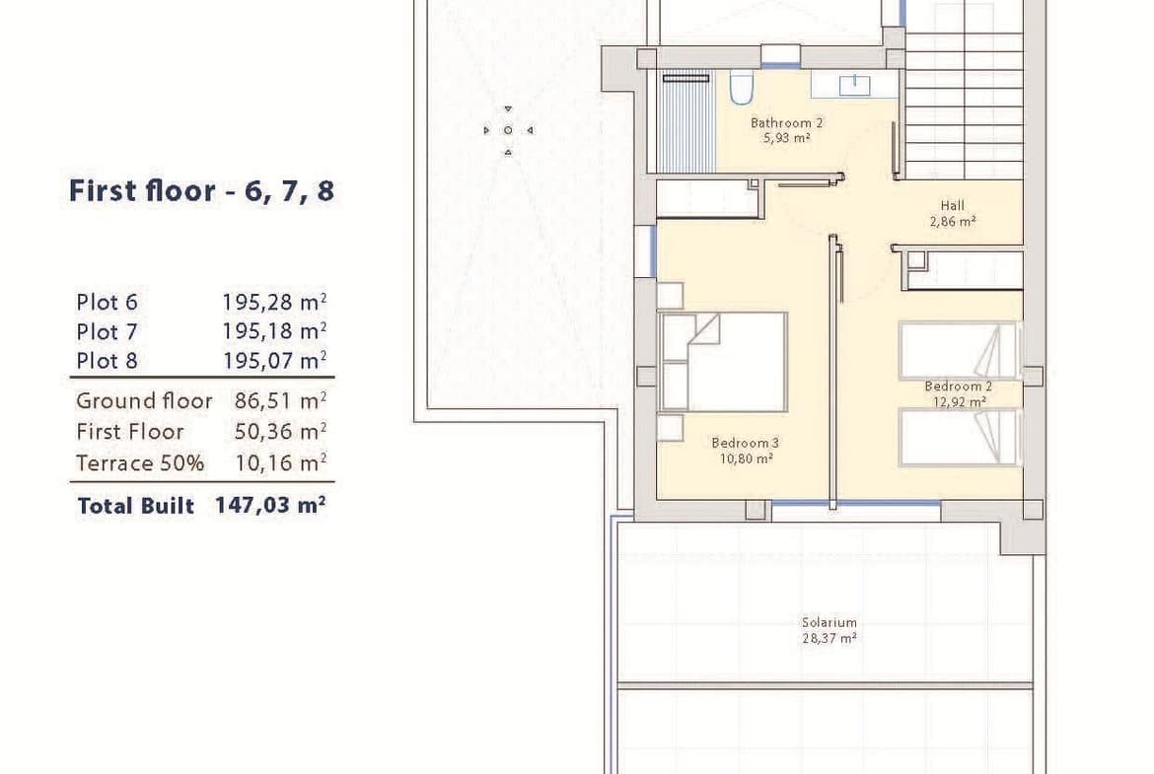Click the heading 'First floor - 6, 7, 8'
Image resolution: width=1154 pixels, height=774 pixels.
pos(201,190)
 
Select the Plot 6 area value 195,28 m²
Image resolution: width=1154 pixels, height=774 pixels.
pos(274,302)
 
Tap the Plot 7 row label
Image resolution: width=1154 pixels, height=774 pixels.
pos(107,332)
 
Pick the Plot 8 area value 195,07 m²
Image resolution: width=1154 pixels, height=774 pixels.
pos(274,361)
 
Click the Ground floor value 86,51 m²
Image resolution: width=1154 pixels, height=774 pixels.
pos(280,401)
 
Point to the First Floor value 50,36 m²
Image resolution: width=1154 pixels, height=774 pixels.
pos(280,431)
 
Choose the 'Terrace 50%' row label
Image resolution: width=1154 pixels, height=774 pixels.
pos(140,462)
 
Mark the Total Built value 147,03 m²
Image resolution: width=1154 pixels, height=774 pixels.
pos(270,506)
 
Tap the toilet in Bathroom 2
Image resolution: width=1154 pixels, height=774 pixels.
pos(741,87)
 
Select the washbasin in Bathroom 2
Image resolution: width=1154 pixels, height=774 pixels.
pos(854,85)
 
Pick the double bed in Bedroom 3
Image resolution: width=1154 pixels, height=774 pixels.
pos(723,362)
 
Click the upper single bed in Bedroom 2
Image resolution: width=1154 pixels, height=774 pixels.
pos(959,350)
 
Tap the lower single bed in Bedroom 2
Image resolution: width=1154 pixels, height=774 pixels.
pos(959,437)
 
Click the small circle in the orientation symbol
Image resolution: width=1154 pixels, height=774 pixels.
pos(508,130)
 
